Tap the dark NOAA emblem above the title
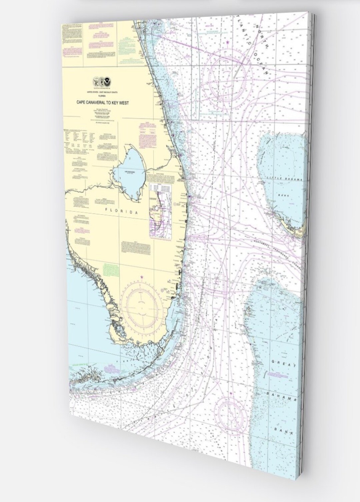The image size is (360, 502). (x=108, y=81)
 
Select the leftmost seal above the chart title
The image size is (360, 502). (x=96, y=81)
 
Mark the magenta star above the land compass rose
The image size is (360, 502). (x=142, y=277)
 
